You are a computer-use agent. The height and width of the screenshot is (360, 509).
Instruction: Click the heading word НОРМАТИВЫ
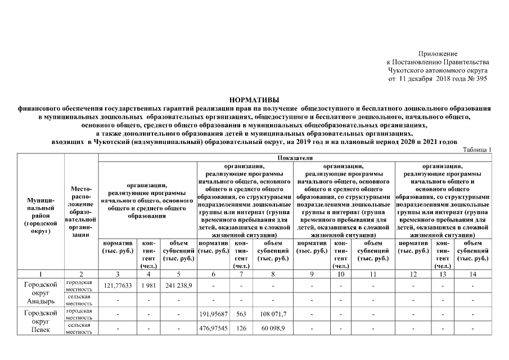[x=254, y=99]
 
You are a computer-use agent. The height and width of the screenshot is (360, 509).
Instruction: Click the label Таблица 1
[x=477, y=149]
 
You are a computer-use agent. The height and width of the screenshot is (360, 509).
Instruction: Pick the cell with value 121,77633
[x=118, y=286]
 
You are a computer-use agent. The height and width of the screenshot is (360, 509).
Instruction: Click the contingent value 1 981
[x=148, y=286]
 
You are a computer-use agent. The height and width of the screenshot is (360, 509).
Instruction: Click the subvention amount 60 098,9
[x=272, y=328]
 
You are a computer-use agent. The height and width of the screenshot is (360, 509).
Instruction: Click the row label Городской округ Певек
[x=41, y=321]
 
